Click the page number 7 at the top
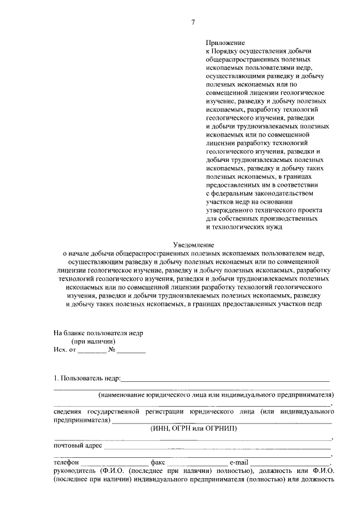pos(192,22)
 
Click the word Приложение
pos(225,42)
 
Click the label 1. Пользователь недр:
pos(87,377)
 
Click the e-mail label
pos(238,462)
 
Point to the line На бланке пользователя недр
pos(98,332)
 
